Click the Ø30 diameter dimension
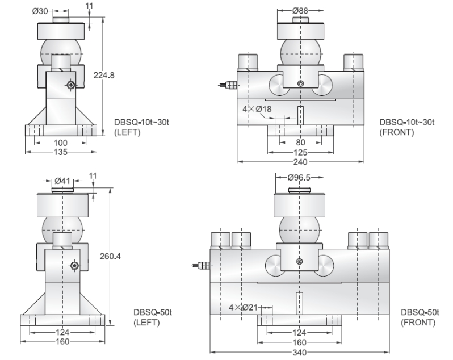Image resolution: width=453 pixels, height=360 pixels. click(x=42, y=10)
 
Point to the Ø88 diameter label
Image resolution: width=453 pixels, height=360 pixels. click(x=300, y=10)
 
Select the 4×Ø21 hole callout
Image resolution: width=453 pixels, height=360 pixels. click(x=244, y=307)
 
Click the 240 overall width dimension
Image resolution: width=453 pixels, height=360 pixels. click(x=300, y=161)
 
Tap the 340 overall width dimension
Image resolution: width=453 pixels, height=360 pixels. click(x=300, y=351)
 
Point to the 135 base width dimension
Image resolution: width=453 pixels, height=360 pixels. click(x=61, y=152)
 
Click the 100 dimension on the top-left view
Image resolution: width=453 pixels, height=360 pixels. click(x=61, y=142)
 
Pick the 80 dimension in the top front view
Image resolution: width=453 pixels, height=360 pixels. click(x=300, y=142)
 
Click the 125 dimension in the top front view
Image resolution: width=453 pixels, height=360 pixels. click(x=300, y=152)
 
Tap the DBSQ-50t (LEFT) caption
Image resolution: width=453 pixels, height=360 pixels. click(x=146, y=317)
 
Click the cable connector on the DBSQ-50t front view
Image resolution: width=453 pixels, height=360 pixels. click(x=202, y=265)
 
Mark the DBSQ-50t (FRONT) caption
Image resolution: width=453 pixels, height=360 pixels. click(x=418, y=317)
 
